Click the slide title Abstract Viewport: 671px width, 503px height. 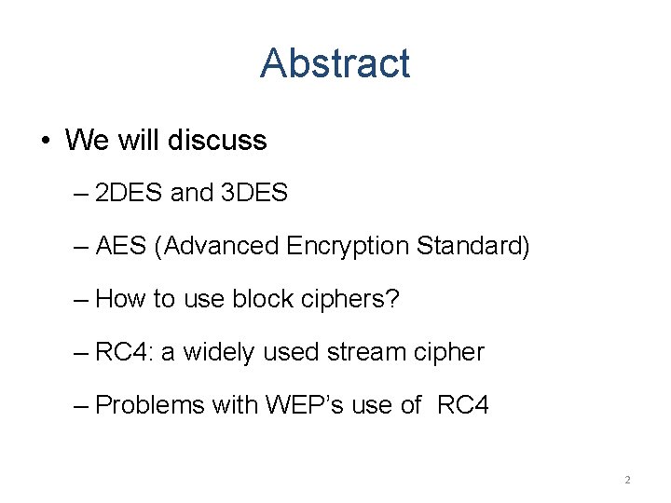(x=335, y=63)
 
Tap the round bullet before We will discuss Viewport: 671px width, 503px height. (x=45, y=141)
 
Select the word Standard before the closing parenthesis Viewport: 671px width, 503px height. (x=470, y=246)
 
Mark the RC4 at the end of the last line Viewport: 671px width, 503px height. (x=463, y=405)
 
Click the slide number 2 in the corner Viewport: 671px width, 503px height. (x=627, y=480)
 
